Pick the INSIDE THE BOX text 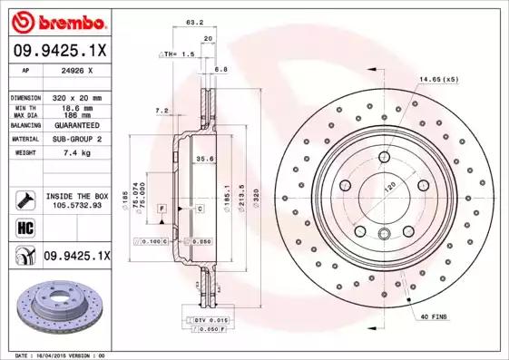click(x=76, y=196)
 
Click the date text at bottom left click(x=55, y=355)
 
